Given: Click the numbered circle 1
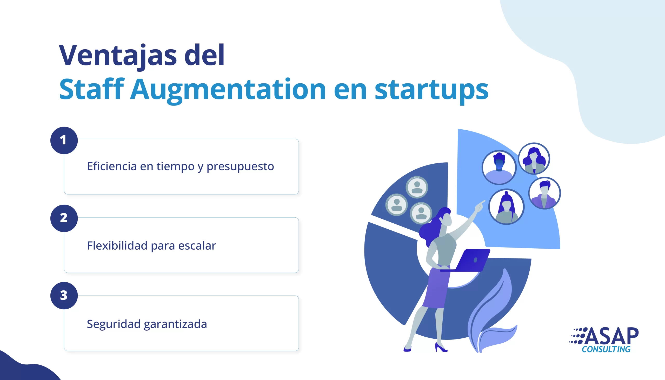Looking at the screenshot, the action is point(64,141).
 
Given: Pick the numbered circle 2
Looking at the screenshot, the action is point(64,218).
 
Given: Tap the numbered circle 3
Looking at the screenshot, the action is point(64,296).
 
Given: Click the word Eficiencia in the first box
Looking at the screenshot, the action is point(112,166).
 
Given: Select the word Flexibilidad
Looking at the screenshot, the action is point(117,245).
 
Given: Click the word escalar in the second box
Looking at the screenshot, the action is point(197,245).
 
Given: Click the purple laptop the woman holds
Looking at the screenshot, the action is point(467,261).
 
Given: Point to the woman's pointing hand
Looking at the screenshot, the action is point(480,206).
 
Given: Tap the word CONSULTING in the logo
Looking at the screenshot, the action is point(606,349).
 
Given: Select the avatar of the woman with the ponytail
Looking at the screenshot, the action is point(506,207).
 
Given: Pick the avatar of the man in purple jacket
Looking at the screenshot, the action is point(544,193).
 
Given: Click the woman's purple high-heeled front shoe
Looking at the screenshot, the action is point(441,347).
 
